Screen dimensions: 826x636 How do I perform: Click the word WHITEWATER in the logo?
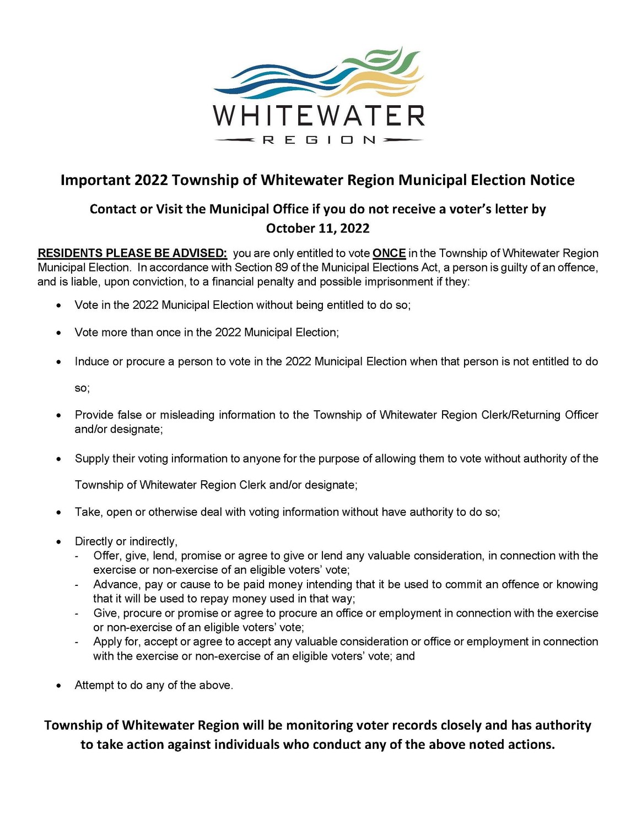[x=319, y=116]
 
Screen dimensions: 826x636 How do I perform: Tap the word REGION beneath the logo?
[x=319, y=140]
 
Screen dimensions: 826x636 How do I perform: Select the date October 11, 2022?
[x=317, y=228]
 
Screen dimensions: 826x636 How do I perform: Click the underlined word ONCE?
[x=389, y=253]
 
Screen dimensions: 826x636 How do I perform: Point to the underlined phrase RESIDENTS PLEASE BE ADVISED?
[x=132, y=253]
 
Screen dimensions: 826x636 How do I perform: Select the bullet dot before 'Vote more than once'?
[x=59, y=333]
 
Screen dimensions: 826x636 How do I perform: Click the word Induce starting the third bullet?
[x=91, y=362]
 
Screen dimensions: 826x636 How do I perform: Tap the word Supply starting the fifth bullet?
[x=91, y=459]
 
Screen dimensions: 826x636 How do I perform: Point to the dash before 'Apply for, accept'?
[x=78, y=642]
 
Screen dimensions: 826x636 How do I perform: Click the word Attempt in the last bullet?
[x=93, y=686]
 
